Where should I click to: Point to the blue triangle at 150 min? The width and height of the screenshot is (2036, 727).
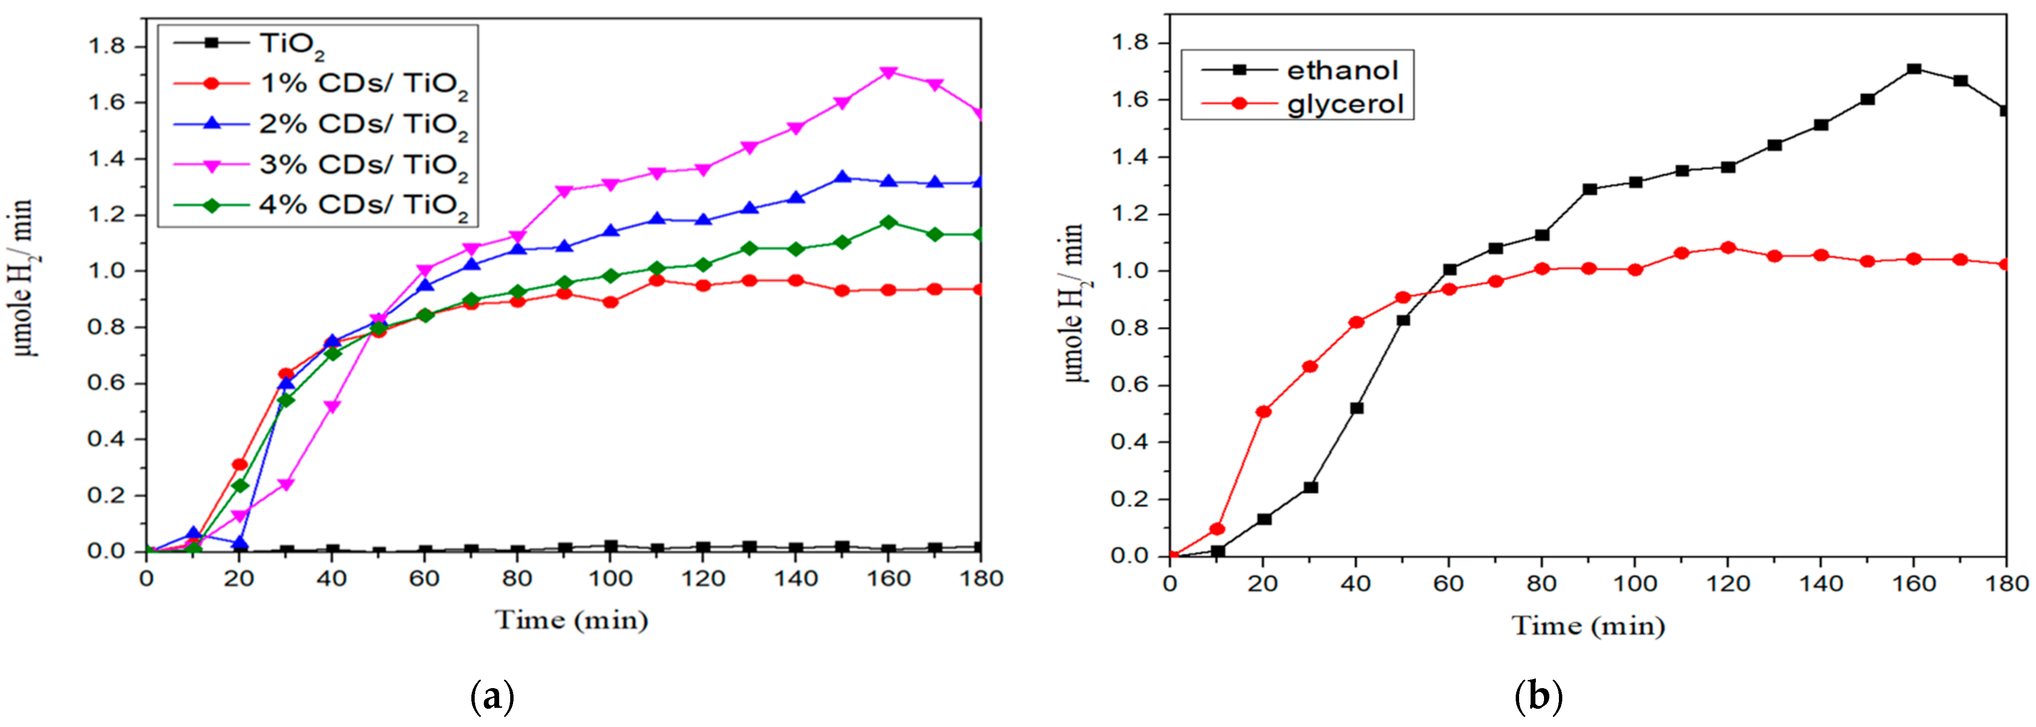click(x=842, y=178)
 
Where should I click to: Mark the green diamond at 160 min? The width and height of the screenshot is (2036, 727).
click(x=888, y=223)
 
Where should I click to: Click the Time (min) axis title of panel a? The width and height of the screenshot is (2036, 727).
click(x=572, y=620)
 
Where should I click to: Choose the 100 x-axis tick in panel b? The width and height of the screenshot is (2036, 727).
click(x=1634, y=584)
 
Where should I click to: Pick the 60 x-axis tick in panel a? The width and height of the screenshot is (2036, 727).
click(x=424, y=579)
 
